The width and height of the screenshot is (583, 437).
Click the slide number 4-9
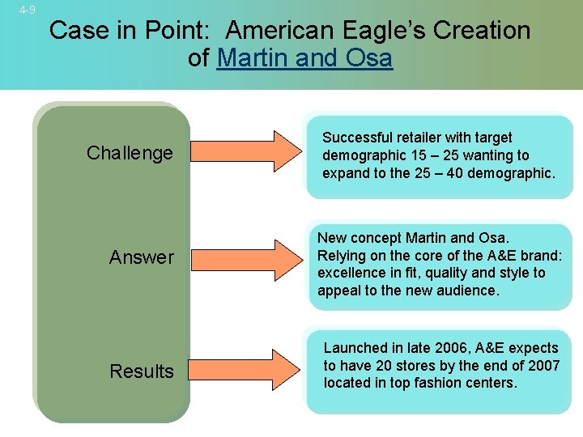[28, 10]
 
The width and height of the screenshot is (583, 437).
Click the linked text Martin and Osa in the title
[304, 58]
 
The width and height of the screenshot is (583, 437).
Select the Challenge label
[130, 153]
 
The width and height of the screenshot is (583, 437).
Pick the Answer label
[142, 257]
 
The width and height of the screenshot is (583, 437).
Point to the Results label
[142, 371]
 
